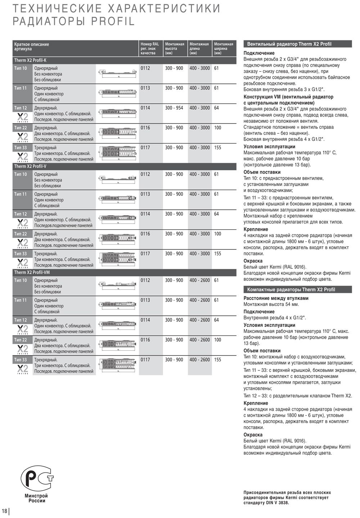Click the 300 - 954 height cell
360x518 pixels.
174,108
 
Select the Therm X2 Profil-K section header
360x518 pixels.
30,60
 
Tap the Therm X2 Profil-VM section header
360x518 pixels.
32,272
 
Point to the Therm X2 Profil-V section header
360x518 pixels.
30,166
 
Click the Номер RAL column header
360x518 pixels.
149,48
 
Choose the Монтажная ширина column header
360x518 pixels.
224,48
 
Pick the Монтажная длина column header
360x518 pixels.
199,48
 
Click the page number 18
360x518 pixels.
4,511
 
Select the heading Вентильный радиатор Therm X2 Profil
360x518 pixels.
289,44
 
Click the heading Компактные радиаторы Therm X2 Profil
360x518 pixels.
291,289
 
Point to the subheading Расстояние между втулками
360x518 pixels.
276,298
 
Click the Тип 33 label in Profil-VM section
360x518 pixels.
21,360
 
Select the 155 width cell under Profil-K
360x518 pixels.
217,148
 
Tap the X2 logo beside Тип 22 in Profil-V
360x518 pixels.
22,242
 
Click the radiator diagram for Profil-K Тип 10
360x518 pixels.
117,74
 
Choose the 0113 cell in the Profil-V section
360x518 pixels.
145,194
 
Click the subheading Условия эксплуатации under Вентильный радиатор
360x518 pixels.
269,147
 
